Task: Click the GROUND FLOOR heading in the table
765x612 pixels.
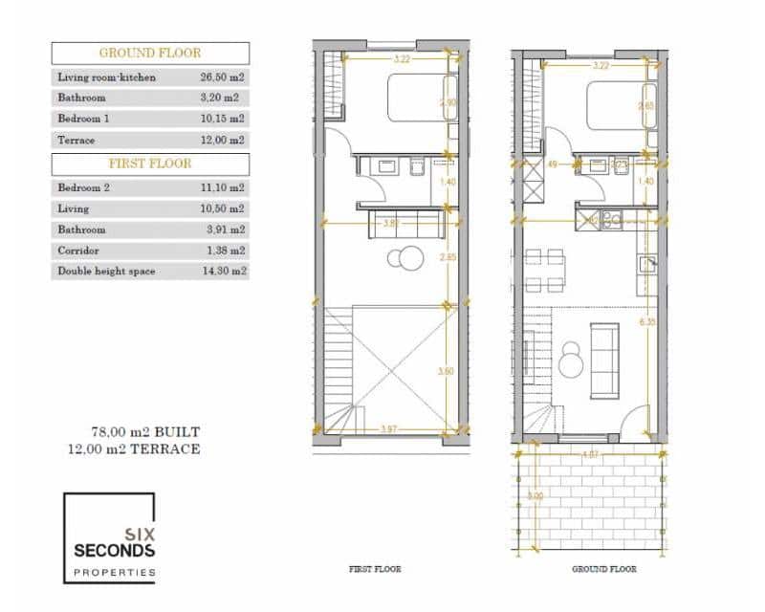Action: point(150,54)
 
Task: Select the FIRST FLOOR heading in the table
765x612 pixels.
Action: point(150,164)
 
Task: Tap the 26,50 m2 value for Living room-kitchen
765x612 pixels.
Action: point(219,76)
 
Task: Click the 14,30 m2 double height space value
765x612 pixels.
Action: point(219,272)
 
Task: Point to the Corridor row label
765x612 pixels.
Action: point(78,251)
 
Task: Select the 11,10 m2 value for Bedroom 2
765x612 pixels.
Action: point(219,188)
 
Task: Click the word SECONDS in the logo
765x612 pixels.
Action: point(115,552)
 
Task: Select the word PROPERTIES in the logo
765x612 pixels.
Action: point(115,572)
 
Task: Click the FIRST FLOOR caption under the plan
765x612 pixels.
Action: point(375,569)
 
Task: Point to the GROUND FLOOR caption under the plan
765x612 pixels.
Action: point(603,569)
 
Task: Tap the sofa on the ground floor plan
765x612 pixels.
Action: point(603,361)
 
